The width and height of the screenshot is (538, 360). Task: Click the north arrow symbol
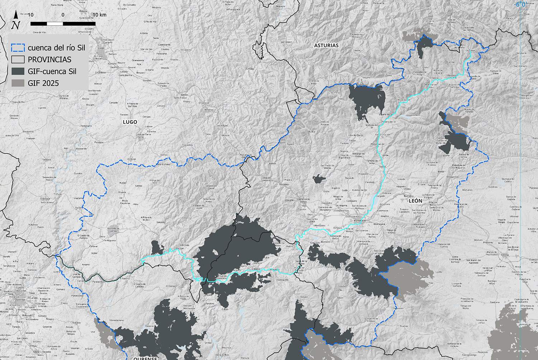15,20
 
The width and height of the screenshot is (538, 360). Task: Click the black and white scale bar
63,24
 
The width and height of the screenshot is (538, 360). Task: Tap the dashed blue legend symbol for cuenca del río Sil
18,48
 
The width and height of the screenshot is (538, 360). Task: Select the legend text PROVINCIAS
49,60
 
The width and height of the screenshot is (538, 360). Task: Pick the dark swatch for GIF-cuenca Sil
18,71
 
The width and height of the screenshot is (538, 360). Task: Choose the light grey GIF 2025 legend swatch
18,83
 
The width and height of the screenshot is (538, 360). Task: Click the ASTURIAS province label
326,46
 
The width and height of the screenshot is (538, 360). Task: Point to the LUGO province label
130,122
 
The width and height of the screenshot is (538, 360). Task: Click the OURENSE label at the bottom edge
146,358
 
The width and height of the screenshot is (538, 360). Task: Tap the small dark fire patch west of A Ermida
156,248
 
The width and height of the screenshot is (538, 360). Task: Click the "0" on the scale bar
63,15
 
